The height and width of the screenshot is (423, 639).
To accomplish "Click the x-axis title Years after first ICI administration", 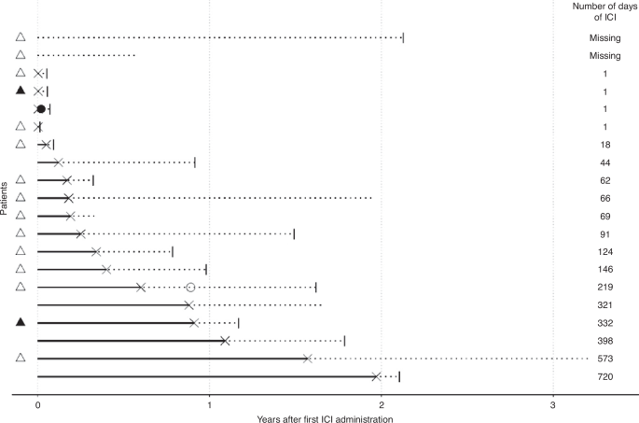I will [325, 418].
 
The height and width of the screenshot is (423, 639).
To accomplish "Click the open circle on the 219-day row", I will [190, 287].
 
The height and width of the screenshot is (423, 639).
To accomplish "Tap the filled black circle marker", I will [41, 109].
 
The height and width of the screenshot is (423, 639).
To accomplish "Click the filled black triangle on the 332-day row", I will [20, 322].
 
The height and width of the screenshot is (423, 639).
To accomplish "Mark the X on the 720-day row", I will [376, 376].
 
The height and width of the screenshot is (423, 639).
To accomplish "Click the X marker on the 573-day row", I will [308, 359].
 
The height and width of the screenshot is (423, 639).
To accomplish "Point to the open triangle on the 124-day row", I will [20, 251].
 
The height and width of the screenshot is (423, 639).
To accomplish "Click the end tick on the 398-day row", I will [344, 341].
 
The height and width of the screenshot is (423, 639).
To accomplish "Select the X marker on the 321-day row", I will [188, 304].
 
